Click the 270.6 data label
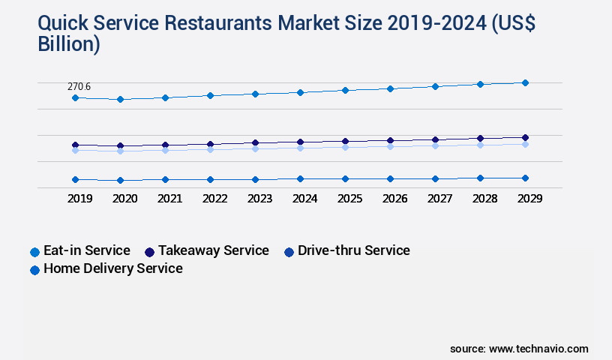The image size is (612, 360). click(x=79, y=87)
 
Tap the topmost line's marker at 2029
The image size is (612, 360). click(x=525, y=82)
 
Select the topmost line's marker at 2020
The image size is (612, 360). click(x=120, y=99)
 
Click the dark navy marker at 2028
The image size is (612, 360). click(x=480, y=138)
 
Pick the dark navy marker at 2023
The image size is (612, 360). click(x=255, y=142)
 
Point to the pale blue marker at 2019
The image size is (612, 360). click(x=75, y=150)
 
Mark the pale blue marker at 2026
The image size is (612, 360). click(x=390, y=146)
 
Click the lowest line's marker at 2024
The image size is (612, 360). click(x=300, y=178)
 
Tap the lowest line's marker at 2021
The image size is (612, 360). click(x=165, y=179)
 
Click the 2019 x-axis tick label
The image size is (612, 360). click(x=79, y=199)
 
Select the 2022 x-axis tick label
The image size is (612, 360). click(x=214, y=199)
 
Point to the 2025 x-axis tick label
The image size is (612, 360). click(x=349, y=199)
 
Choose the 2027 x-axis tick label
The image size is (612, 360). click(x=439, y=199)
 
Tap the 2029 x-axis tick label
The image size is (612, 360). click(x=529, y=199)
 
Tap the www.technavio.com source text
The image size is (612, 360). click(x=538, y=349)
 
